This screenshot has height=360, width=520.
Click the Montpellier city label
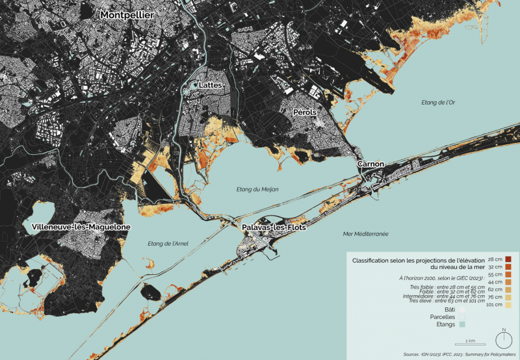coord(127,14)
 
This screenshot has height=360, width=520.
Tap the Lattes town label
coord(211,85)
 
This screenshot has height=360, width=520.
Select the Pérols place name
coord(304,112)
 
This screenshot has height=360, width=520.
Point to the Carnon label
coord(370,164)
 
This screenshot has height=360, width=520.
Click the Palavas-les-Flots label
coord(274,228)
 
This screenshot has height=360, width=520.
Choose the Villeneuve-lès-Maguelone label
coord(81,227)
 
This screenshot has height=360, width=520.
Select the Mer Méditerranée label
coord(365,233)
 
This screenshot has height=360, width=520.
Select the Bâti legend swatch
coord(462,309)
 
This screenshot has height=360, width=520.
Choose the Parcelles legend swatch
coord(462,316)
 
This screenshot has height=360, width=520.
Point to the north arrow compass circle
coord(503,340)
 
